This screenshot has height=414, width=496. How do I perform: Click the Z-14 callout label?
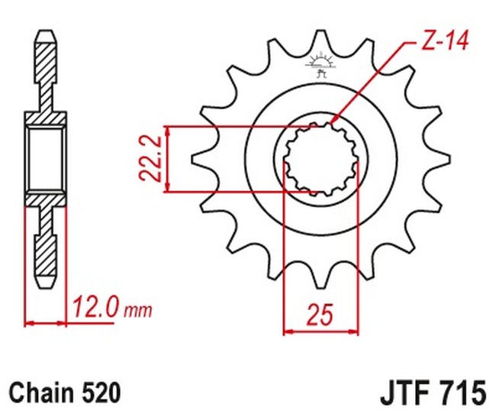[x=445, y=41]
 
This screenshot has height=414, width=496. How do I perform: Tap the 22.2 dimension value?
[x=150, y=159]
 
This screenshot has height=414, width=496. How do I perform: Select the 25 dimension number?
[x=320, y=315]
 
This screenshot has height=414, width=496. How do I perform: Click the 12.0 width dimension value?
[x=96, y=308]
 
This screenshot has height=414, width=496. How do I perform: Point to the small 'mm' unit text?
[x=138, y=312]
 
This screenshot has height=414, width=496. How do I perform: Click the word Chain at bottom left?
[x=40, y=393]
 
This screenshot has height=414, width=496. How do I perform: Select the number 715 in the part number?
[x=461, y=393]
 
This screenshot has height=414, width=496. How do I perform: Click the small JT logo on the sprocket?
[x=320, y=64]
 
